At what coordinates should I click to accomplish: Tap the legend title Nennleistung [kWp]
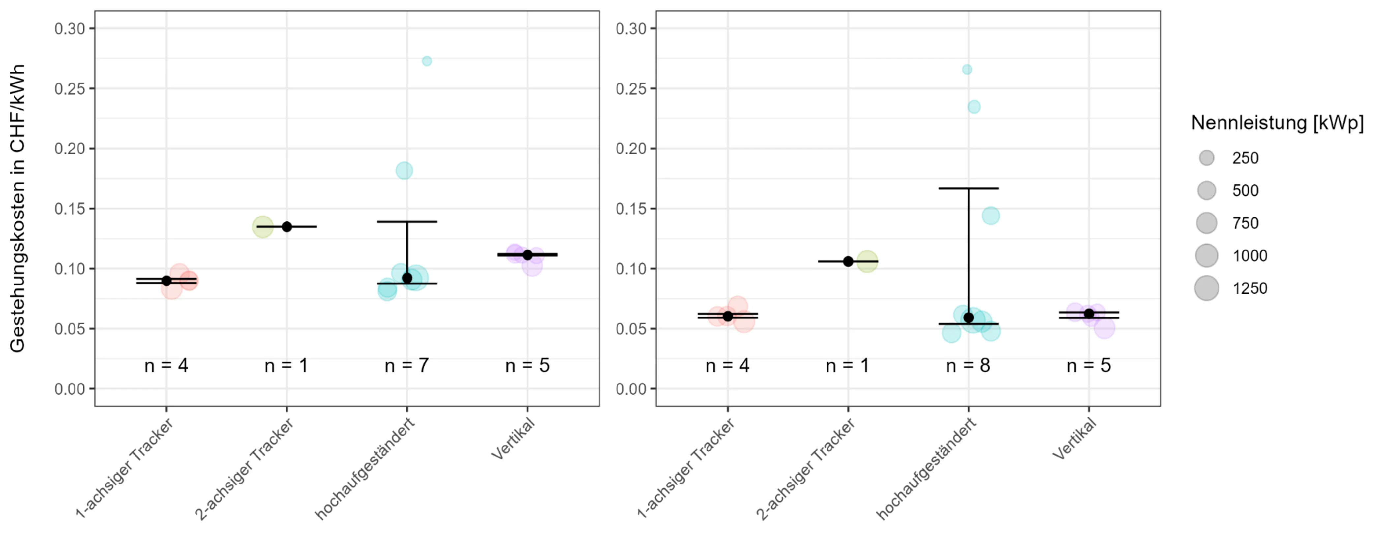(x=1277, y=123)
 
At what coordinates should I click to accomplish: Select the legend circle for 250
(x=1206, y=158)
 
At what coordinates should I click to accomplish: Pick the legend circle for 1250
(x=1206, y=288)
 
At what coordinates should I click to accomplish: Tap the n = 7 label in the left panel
(x=407, y=366)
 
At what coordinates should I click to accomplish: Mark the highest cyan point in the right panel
(x=967, y=69)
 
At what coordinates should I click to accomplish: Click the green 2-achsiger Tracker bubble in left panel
(x=262, y=226)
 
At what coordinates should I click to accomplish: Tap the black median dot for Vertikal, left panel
(x=527, y=255)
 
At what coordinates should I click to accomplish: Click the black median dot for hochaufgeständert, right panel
(x=968, y=317)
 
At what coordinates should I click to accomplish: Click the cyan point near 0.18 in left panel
(x=404, y=171)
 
